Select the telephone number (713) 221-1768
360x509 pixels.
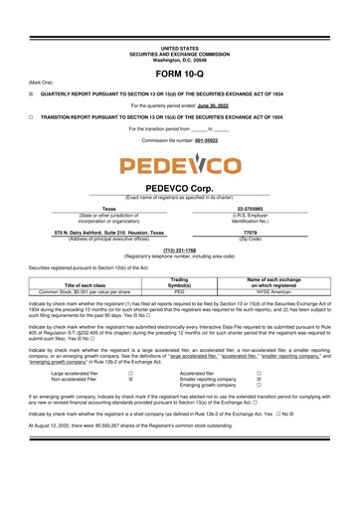(179, 251)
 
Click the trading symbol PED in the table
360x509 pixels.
(180, 292)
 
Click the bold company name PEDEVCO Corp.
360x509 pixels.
(179, 187)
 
